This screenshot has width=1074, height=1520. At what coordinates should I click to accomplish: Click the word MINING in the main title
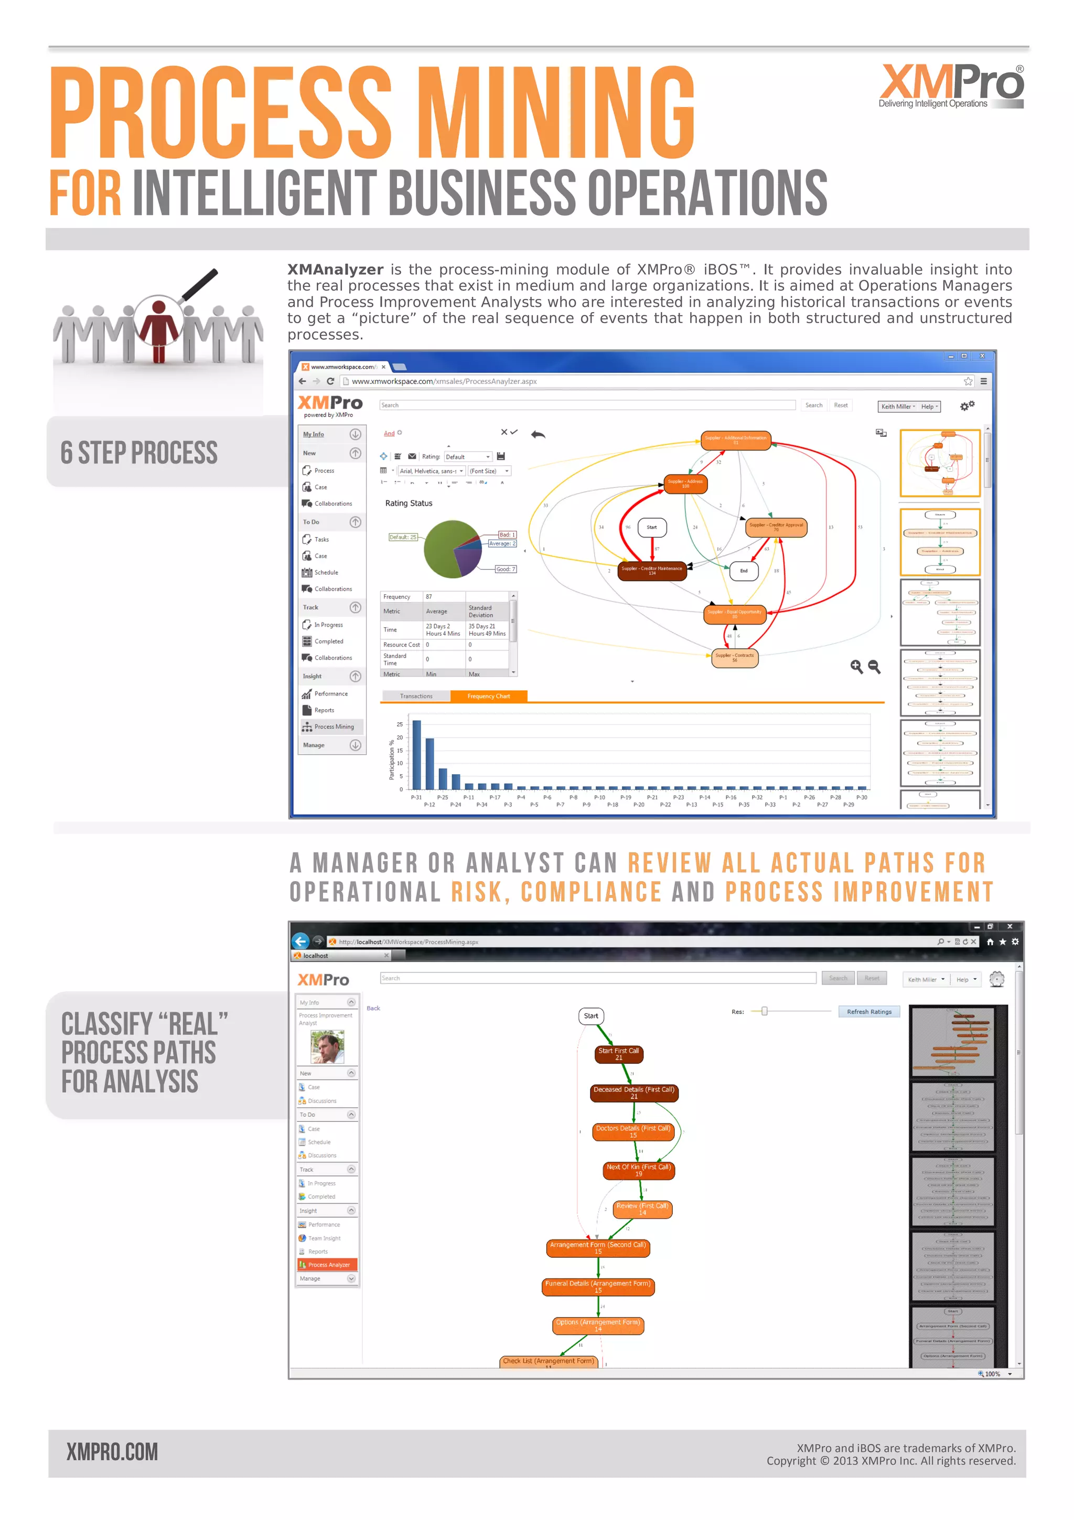point(557,113)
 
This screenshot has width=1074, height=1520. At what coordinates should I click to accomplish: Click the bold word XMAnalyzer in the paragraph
point(335,270)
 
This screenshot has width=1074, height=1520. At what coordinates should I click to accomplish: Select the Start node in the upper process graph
point(652,527)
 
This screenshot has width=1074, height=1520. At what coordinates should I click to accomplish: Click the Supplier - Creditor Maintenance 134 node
point(652,571)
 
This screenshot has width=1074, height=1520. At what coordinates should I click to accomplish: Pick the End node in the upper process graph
point(744,571)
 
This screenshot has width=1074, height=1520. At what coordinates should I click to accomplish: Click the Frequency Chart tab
point(488,696)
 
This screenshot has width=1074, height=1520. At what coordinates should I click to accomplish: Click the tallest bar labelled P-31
point(417,755)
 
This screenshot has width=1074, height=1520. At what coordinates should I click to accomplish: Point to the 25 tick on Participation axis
point(400,724)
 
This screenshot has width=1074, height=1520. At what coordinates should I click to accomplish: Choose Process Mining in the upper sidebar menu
point(334,726)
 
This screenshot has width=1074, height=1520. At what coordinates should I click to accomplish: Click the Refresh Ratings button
point(869,1012)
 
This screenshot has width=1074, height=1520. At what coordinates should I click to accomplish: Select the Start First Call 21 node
point(619,1054)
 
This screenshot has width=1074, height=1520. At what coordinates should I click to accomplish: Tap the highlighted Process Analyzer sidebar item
point(328,1265)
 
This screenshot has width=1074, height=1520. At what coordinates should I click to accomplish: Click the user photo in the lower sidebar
point(327,1047)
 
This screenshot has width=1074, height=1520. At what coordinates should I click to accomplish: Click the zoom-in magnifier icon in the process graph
point(856,667)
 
